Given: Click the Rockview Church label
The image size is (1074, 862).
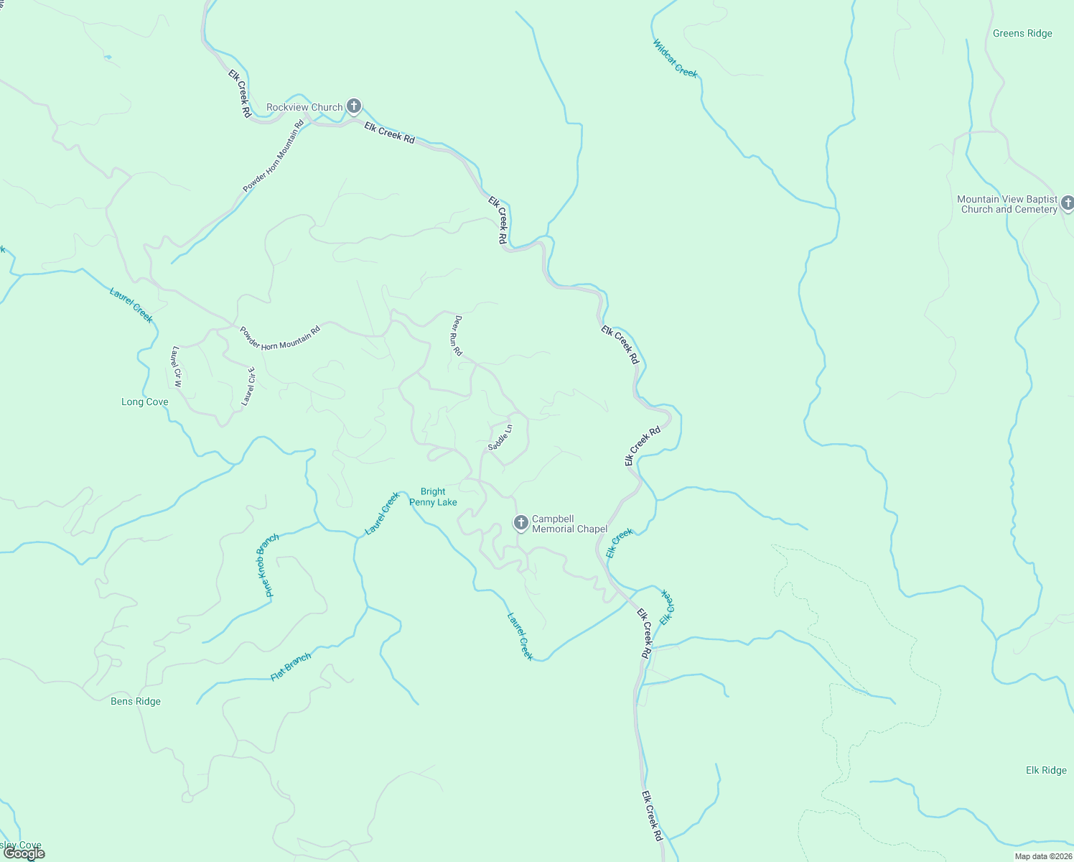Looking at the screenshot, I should (304, 108).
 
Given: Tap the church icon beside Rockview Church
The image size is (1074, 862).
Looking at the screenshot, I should (353, 106).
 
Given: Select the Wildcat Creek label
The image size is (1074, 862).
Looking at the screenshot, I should (675, 58).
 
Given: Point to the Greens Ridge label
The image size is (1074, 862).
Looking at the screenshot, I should (1022, 34).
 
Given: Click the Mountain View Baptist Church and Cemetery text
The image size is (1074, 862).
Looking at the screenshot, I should (1007, 205).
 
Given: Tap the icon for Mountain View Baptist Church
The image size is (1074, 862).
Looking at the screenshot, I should (1068, 203).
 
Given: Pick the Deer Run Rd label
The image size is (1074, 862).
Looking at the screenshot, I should (457, 336).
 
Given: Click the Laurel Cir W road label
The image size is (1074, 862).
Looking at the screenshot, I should (177, 366).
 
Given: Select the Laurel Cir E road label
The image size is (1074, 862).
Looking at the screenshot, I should (248, 386).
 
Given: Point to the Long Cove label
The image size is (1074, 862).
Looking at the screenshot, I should (145, 402).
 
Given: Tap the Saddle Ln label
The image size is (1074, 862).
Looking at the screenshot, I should (500, 437).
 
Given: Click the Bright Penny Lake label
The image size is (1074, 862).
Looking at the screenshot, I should (433, 497).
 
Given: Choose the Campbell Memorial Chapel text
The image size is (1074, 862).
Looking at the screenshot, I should (569, 524).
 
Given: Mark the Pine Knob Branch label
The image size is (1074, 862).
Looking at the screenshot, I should (268, 565).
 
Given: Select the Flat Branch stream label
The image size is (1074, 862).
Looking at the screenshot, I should (291, 667).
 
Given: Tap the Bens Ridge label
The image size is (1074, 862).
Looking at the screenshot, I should (136, 702).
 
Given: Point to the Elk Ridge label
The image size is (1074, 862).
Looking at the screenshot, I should (1046, 771).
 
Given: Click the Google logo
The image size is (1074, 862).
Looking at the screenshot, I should (24, 853).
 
